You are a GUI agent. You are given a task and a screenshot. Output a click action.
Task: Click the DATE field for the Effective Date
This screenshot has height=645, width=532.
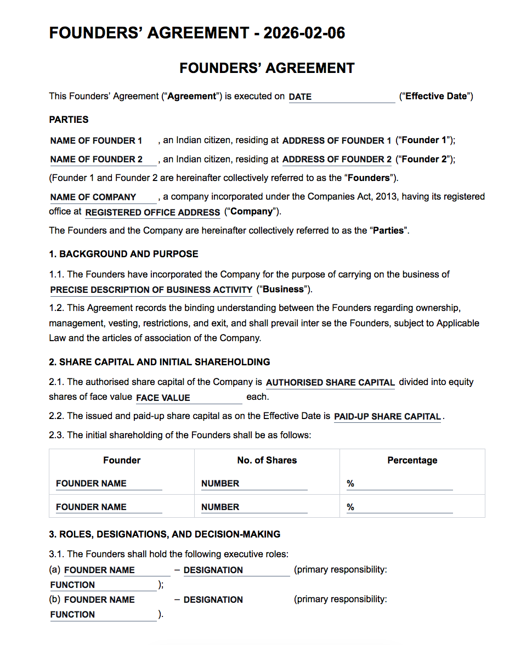tap(341, 97)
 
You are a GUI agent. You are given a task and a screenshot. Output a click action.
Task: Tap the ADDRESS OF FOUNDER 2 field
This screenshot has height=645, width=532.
tap(337, 160)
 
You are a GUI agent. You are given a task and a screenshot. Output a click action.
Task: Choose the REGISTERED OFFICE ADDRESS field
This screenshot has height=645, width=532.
tap(152, 212)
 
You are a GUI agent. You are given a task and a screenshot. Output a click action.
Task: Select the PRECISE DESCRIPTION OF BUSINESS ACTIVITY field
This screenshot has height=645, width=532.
tap(151, 290)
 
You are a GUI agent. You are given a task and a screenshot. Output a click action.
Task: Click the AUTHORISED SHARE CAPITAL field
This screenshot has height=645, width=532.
tap(330, 382)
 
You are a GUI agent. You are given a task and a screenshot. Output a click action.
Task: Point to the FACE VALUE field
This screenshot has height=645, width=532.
tap(189, 398)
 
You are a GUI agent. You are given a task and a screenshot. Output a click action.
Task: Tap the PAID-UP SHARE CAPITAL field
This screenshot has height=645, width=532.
tap(387, 416)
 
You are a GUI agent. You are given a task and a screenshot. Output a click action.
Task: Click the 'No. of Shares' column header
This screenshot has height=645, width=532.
tap(267, 460)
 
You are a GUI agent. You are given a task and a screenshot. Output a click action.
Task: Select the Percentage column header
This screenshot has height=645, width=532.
tap(412, 460)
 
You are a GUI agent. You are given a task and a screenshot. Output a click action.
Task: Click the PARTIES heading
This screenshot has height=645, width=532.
tap(69, 120)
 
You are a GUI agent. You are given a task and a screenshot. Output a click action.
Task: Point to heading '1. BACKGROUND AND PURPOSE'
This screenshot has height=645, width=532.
tap(123, 254)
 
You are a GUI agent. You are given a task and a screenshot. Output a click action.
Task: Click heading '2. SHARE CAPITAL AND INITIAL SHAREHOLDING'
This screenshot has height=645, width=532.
tap(159, 362)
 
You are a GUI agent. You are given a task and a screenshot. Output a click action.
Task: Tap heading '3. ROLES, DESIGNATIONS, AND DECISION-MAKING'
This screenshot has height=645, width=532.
tap(165, 534)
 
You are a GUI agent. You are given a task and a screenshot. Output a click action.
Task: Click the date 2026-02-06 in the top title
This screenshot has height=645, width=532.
tap(304, 33)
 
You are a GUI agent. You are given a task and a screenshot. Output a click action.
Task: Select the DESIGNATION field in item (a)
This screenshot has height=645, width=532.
tap(236, 570)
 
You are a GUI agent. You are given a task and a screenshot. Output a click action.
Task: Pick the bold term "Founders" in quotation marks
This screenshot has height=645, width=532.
tap(373, 178)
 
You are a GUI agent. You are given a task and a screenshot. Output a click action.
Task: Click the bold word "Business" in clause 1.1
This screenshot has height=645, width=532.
tap(284, 289)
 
